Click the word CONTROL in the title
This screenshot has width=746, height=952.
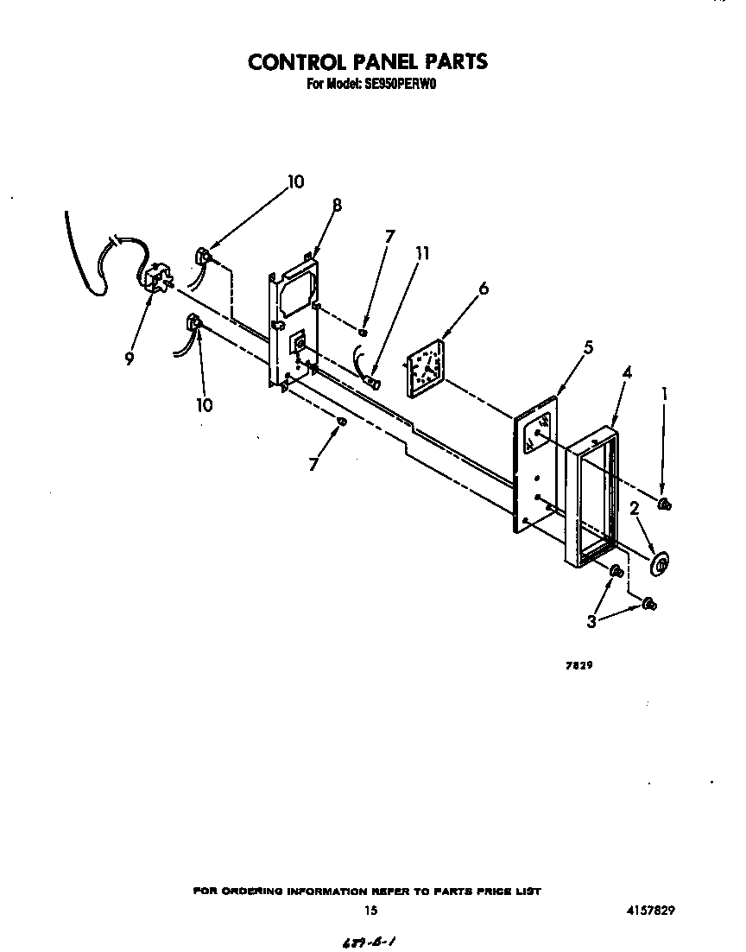tap(290, 62)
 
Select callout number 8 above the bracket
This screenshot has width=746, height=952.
tap(337, 206)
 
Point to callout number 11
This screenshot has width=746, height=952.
tap(422, 253)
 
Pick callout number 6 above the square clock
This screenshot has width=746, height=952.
tap(483, 289)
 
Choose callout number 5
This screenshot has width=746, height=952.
tap(588, 347)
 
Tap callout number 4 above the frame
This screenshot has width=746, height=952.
tap(627, 372)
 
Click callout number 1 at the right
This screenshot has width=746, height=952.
tap(664, 394)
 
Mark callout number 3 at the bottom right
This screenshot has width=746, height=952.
tap(591, 620)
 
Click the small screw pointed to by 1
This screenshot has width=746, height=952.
tap(665, 505)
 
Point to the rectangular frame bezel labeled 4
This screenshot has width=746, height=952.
tap(592, 501)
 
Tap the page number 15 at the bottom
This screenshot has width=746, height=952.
tap(371, 910)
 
